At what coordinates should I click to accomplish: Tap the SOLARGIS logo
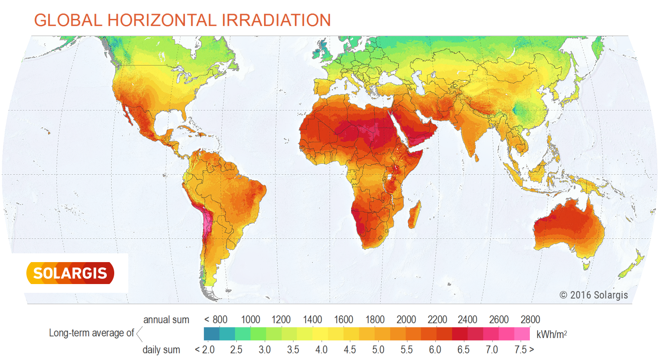coord(70,273)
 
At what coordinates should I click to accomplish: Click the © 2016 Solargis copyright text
coord(594,295)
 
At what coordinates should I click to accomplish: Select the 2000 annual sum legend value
coord(406,320)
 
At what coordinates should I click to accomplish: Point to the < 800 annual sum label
coord(216,320)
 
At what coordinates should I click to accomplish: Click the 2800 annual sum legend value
coord(530,320)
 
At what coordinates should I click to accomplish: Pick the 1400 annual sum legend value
coord(312,320)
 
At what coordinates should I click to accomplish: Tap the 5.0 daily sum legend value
coord(378,350)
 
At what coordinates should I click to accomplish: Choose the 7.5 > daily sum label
coord(524,350)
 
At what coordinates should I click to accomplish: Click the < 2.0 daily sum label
coord(205,350)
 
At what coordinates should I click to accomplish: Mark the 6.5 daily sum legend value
coord(463,350)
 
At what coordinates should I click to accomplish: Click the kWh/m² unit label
coord(551,335)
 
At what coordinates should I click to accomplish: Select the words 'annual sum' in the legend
coord(166,320)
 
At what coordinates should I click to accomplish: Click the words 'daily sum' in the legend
coord(161,350)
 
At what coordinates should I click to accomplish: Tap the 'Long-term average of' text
coord(91,333)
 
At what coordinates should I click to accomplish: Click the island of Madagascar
coord(414,215)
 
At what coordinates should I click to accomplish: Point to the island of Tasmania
coord(586,265)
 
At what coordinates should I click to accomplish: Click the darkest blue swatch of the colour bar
coord(211,334)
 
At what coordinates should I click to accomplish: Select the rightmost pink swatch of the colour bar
coord(522,334)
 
